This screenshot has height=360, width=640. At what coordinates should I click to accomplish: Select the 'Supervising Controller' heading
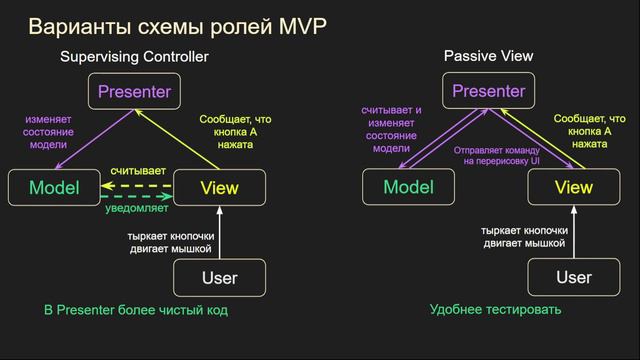pyautogui.click(x=148, y=59)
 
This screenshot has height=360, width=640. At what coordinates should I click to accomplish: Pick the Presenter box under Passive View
pyautogui.click(x=488, y=93)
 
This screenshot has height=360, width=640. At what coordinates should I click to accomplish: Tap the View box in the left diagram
pyautogui.click(x=219, y=188)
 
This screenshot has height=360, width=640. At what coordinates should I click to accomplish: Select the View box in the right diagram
pyautogui.click(x=573, y=188)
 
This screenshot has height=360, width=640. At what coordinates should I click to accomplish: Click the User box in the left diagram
pyautogui.click(x=219, y=277)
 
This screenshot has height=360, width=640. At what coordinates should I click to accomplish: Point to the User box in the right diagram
pyautogui.click(x=573, y=277)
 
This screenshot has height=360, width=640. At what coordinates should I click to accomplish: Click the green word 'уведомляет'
pyautogui.click(x=136, y=209)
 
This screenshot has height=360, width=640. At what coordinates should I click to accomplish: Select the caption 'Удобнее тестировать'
pyautogui.click(x=496, y=311)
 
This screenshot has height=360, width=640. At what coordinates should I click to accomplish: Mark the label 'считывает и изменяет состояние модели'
pyautogui.click(x=392, y=129)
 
